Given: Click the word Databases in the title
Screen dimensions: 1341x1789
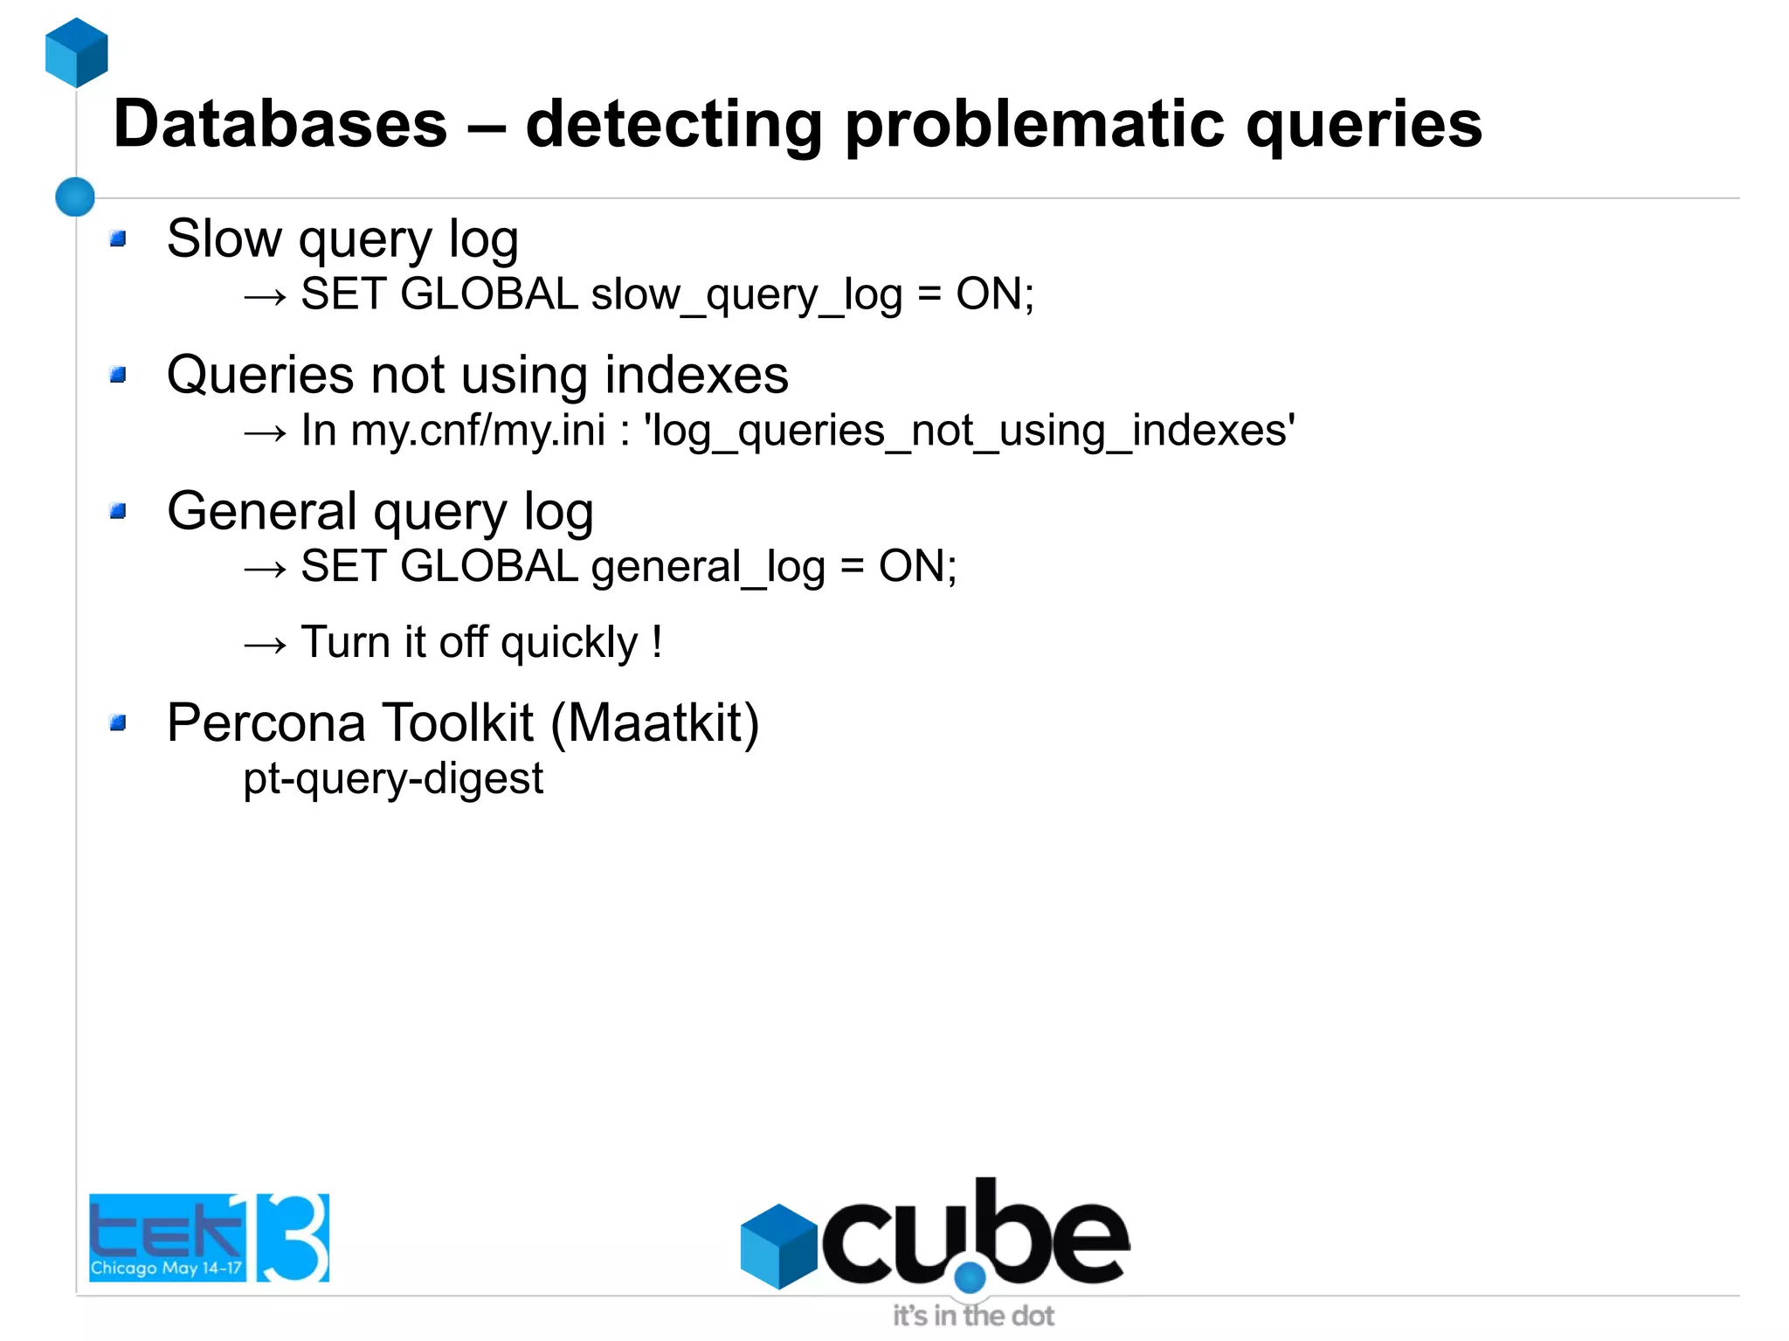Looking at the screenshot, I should [280, 124].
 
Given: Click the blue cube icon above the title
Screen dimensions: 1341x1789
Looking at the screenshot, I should [77, 52].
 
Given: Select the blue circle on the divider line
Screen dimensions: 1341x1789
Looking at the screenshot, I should [75, 197].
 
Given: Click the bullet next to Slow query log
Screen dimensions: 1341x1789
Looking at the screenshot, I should [119, 238].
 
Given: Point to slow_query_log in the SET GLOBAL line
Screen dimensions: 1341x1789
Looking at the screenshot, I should [747, 295].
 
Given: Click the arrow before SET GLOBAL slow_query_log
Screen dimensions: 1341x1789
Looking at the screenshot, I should [265, 297].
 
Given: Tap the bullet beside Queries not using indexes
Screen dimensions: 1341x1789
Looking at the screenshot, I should [119, 375].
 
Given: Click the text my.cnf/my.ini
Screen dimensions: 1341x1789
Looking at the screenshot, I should [478, 431].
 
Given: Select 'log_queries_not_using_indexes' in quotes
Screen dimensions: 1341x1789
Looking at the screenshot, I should [969, 432].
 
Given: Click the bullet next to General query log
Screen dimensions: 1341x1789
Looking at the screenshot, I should [119, 511].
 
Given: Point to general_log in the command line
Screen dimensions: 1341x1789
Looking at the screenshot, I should [708, 568].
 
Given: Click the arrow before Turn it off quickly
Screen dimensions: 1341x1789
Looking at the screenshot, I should [265, 646].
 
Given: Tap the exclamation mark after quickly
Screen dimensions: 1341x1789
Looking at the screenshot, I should [657, 642].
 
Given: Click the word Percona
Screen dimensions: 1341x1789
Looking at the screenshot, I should [266, 723].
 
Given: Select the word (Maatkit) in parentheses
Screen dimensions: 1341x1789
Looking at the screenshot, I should [655, 723].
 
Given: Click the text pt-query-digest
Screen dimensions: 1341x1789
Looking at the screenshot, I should [393, 778].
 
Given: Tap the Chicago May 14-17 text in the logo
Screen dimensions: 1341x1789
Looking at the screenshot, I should [166, 1268].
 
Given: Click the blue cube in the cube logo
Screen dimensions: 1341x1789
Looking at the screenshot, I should [778, 1246].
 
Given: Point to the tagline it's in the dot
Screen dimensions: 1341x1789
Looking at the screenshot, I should [973, 1316].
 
